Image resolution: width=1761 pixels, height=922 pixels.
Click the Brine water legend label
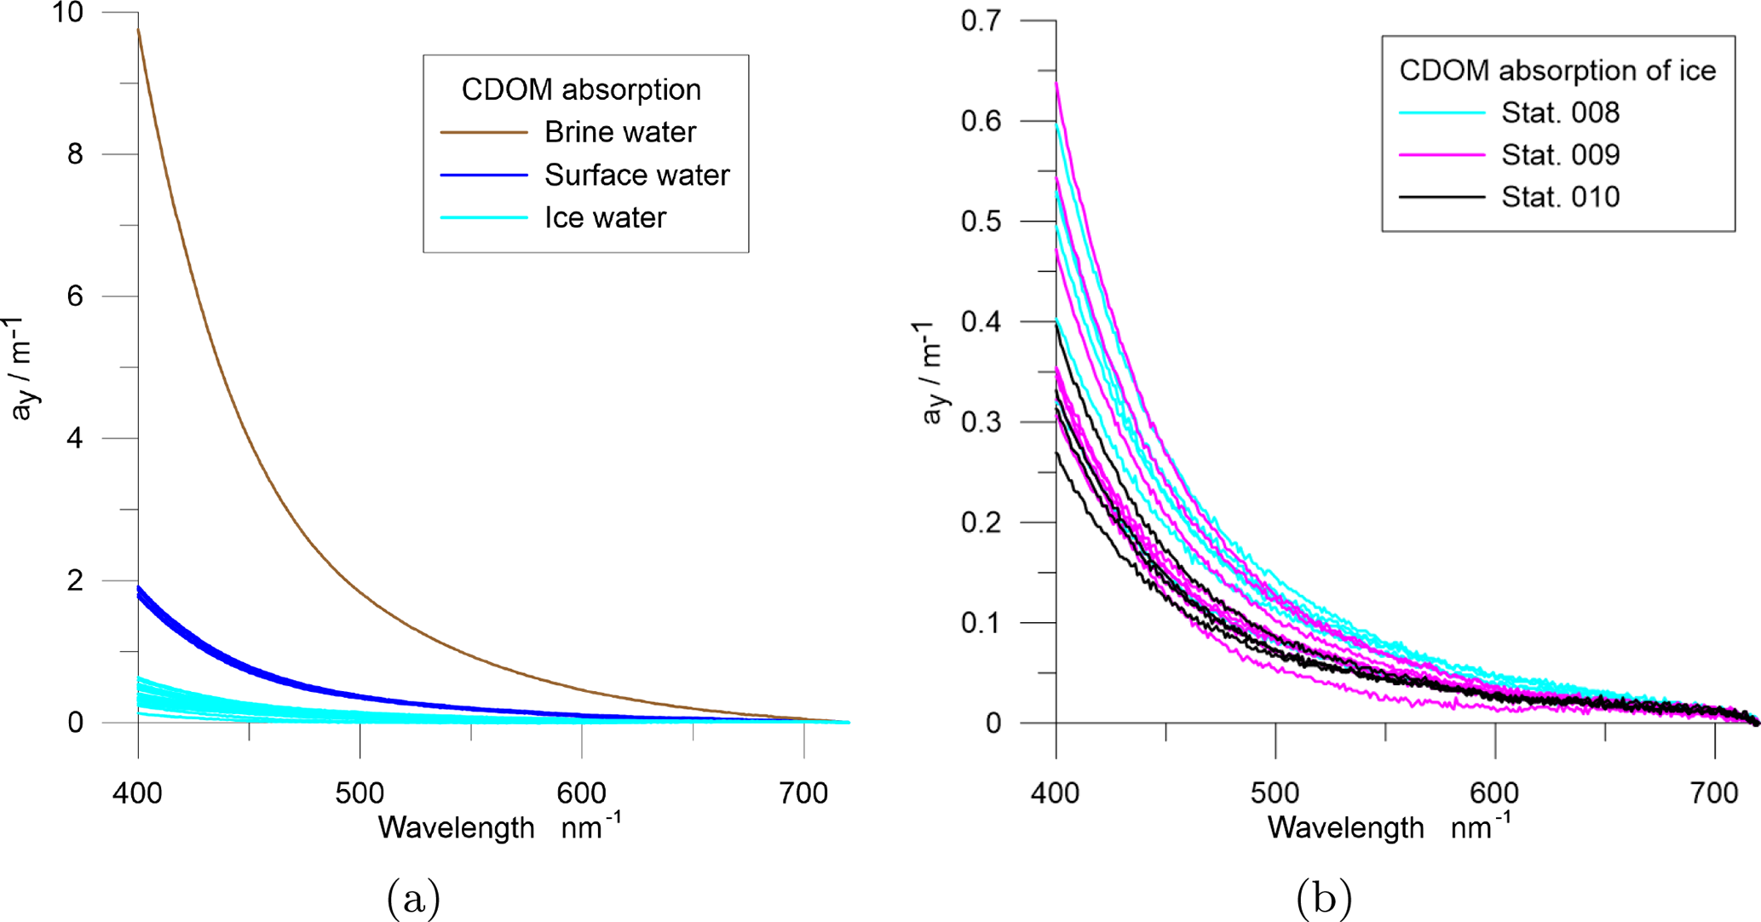[620, 132]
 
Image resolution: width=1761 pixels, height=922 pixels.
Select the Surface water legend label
[636, 176]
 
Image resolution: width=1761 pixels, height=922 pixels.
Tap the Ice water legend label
[605, 218]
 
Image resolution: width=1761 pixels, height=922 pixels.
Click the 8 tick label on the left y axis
[75, 154]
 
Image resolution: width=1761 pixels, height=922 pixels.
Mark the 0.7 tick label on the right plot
[981, 20]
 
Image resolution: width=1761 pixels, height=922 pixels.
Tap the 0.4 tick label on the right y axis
[981, 322]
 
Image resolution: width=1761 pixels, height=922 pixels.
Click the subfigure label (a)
[413, 897]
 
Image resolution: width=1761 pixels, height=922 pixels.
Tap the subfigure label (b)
[1323, 897]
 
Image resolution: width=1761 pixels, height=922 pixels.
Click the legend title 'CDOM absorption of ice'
[1557, 71]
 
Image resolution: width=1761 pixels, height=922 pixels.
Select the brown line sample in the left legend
[484, 133]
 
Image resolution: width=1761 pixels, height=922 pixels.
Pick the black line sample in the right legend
[1442, 198]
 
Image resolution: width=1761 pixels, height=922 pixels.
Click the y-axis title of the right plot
[934, 372]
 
